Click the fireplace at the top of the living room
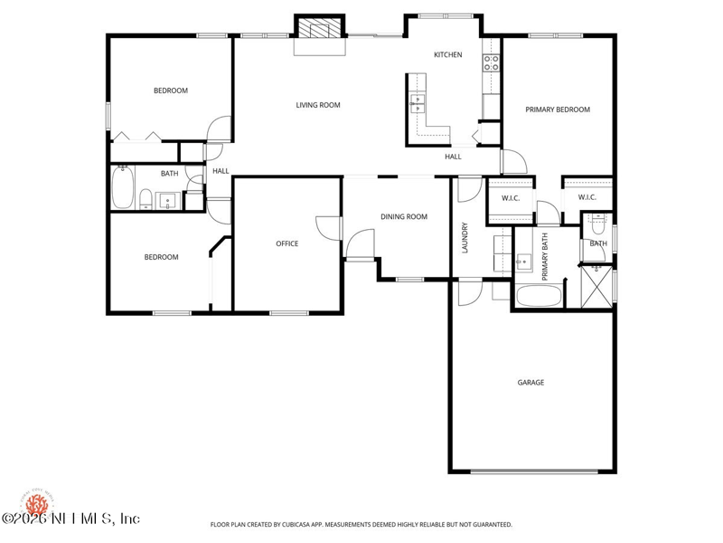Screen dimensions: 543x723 319,31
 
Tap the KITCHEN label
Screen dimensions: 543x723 447,55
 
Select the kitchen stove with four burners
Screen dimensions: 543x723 491,62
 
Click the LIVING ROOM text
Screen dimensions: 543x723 318,105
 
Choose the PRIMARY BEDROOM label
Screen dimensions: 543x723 558,110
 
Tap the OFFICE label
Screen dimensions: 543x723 286,243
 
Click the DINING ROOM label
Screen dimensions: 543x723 403,217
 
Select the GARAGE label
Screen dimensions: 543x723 531,383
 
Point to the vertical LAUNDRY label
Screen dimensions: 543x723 465,238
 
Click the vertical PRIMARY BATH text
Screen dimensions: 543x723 545,258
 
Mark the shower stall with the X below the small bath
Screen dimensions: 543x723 596,284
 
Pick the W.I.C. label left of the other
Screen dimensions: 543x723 509,197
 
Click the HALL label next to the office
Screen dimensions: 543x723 221,171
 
